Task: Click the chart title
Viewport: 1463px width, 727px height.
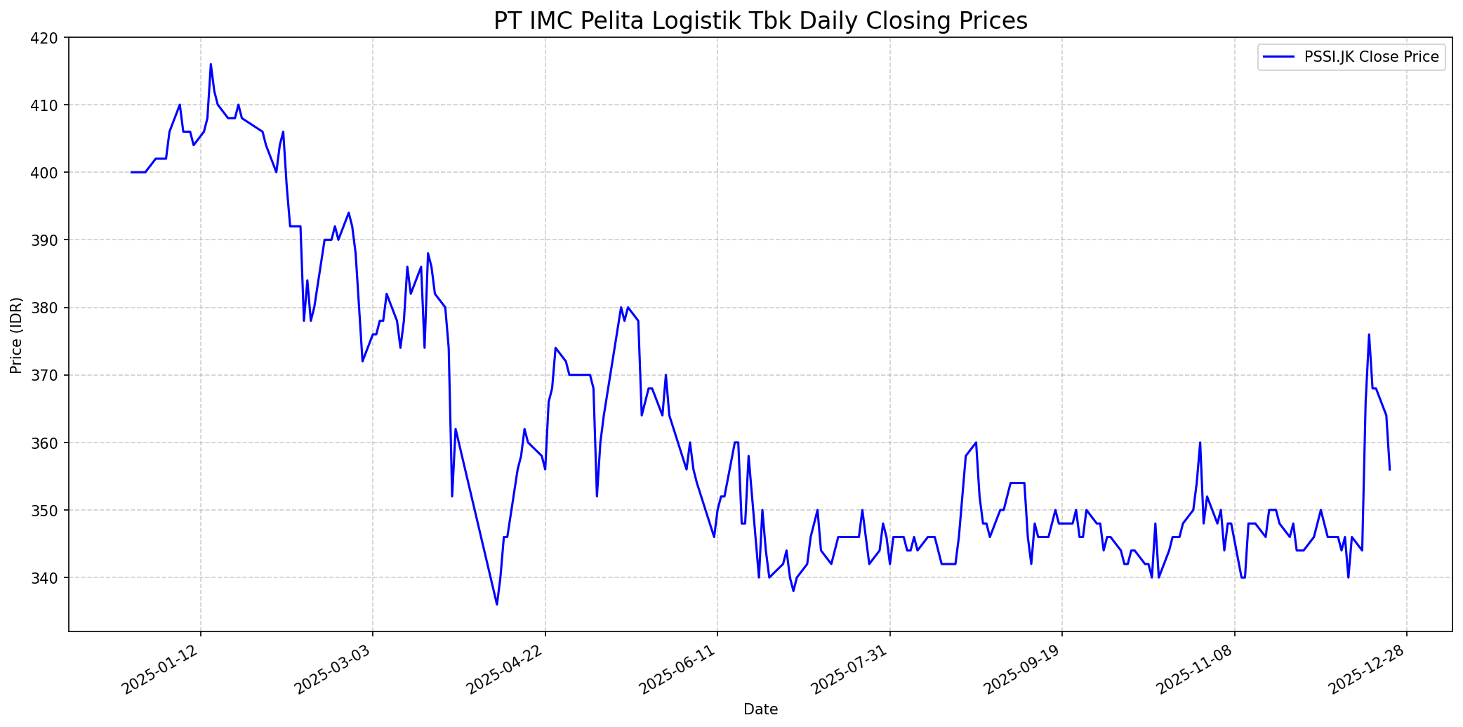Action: [760, 21]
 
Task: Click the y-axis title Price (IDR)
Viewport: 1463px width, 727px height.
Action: [16, 335]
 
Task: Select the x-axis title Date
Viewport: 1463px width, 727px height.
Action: [760, 710]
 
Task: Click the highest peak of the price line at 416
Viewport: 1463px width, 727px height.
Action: [211, 65]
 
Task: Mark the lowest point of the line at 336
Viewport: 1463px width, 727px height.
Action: [497, 604]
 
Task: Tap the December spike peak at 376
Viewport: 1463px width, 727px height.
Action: [1369, 334]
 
